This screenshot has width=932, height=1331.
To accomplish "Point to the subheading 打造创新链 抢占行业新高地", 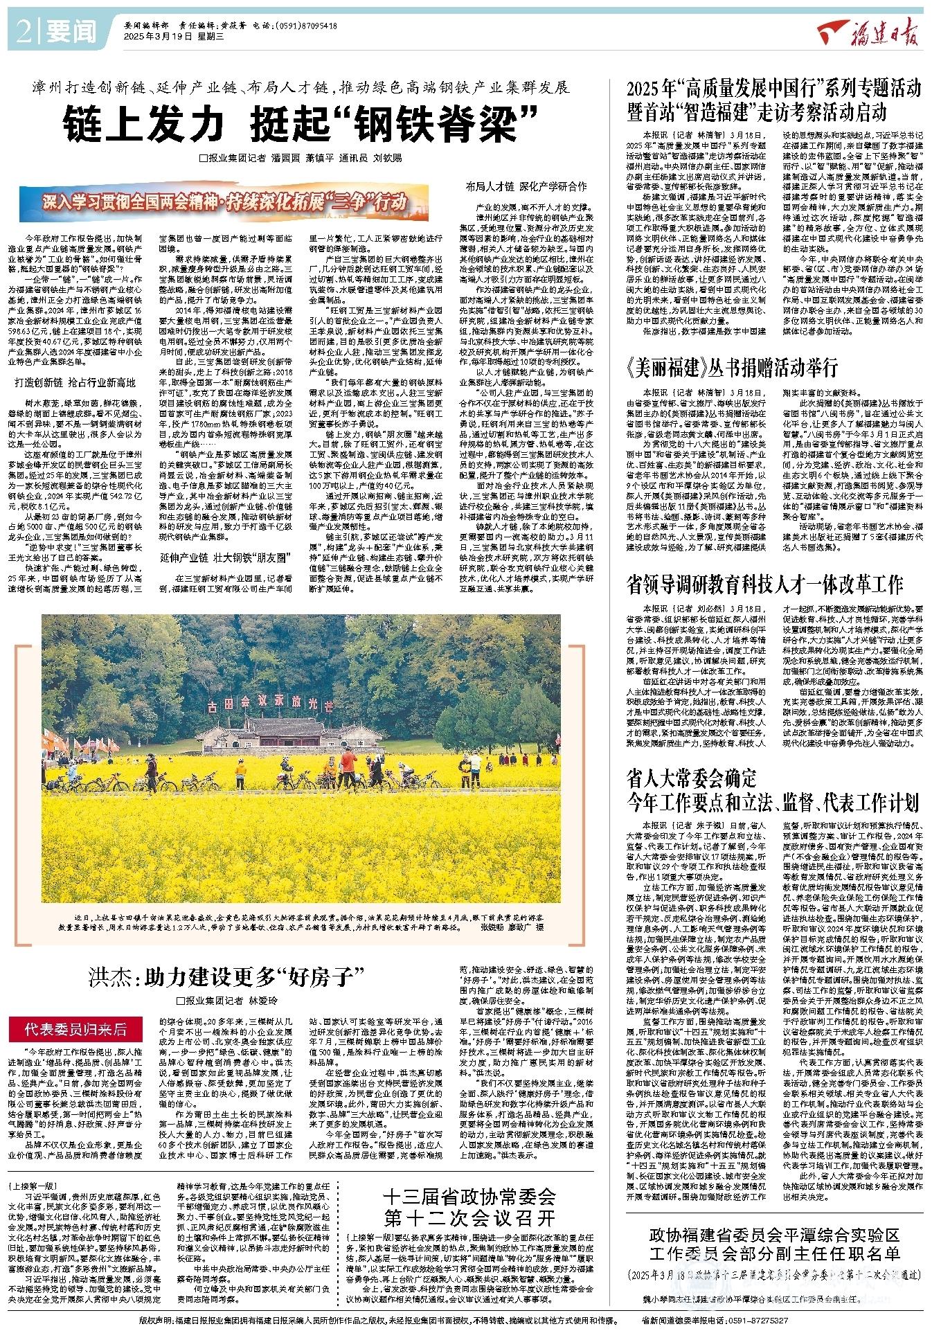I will click(x=75, y=382).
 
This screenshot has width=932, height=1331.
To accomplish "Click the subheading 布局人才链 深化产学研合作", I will click(x=526, y=187).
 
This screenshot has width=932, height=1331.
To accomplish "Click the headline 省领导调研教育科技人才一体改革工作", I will click(x=764, y=582).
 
